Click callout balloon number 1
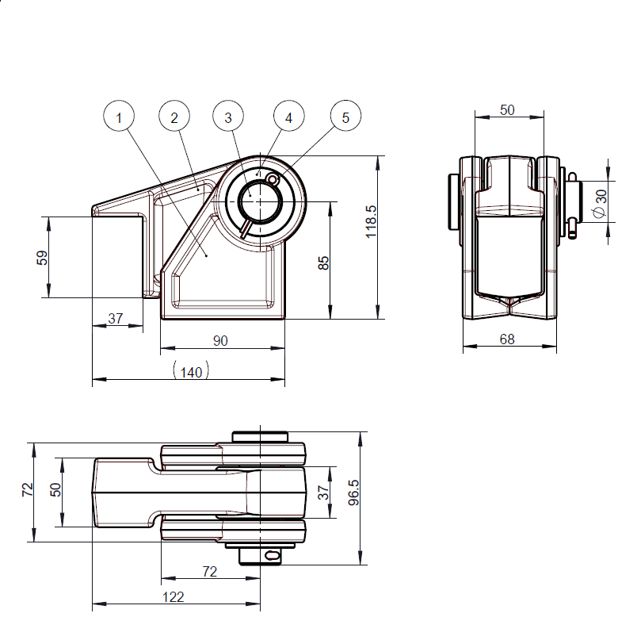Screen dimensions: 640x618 119,117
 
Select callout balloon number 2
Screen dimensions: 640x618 174,117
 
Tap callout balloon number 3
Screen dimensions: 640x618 228,117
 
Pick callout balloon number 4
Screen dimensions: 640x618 288,117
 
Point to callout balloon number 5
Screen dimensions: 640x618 345,117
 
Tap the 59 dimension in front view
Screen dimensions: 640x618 42,258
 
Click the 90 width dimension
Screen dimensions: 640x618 221,340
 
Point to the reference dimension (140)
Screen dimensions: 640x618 190,371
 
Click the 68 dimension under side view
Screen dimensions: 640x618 507,339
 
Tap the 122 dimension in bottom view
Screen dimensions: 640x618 174,597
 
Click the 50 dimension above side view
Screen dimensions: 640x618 507,109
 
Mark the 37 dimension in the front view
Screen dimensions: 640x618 116,318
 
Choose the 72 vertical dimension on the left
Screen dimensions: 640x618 27,492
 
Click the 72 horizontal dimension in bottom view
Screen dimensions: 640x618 210,571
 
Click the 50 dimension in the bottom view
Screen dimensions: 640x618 55,489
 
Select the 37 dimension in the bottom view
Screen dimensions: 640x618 323,492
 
